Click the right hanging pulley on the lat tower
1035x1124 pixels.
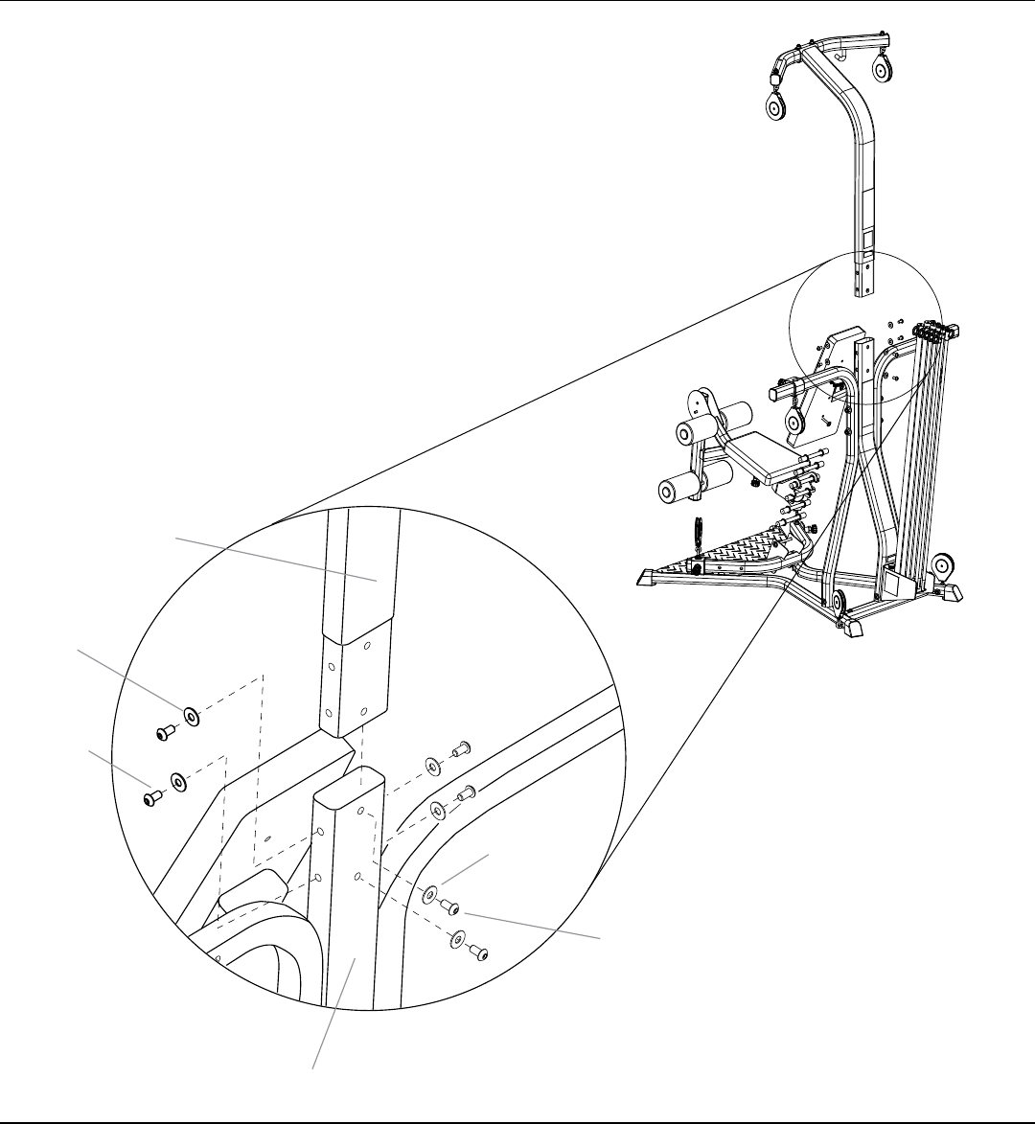click(878, 70)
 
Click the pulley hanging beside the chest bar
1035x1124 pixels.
click(794, 421)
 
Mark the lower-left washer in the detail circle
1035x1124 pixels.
click(177, 782)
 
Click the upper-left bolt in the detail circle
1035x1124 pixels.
click(163, 733)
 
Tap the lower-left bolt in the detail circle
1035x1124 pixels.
click(150, 798)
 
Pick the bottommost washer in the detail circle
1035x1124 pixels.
click(457, 940)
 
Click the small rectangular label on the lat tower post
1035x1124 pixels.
click(866, 237)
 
